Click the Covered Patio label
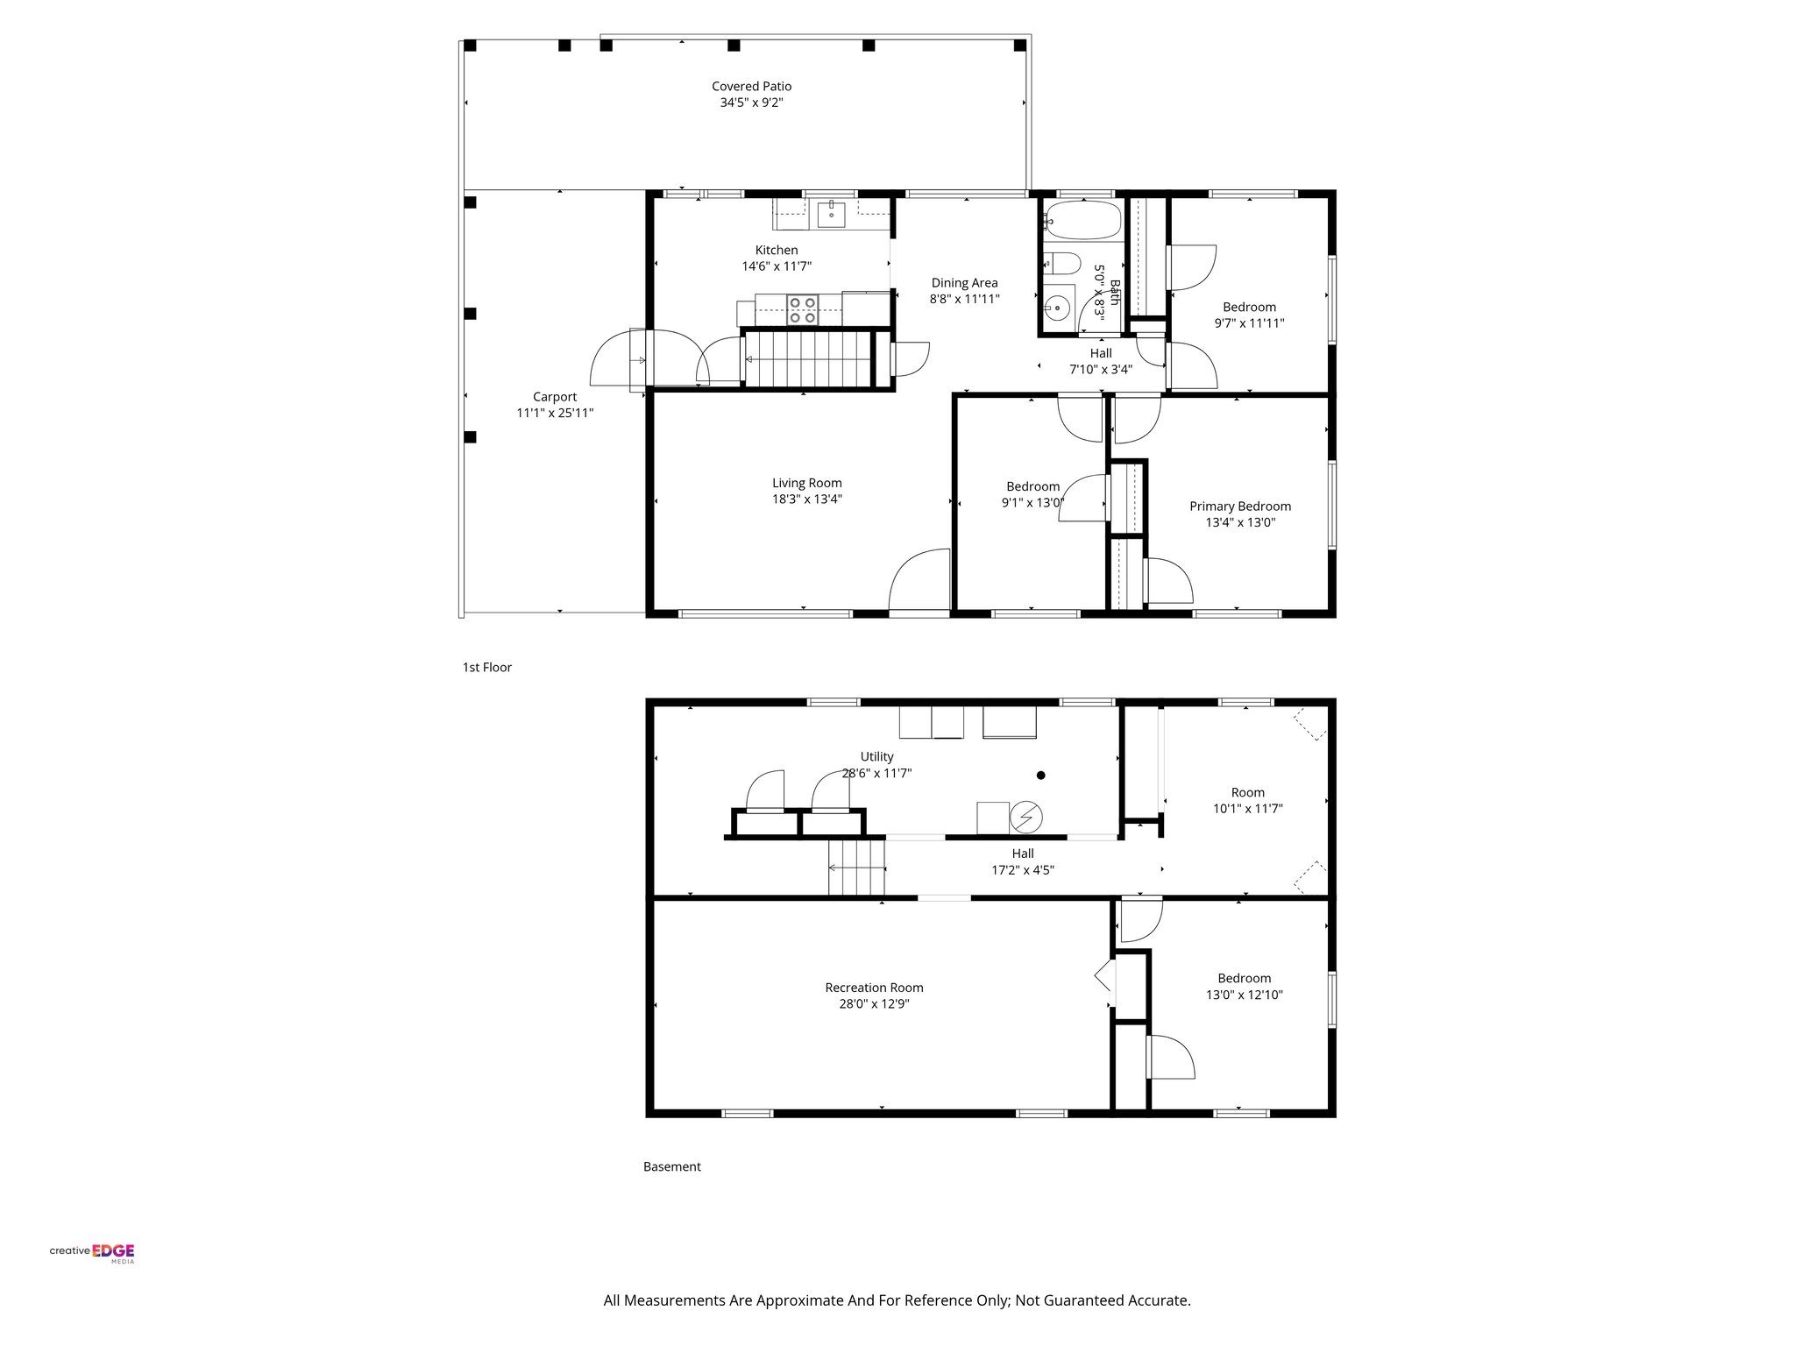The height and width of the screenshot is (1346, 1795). (x=751, y=86)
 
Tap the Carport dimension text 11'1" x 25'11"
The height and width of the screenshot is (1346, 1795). (x=555, y=413)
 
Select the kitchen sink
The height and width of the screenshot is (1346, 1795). (x=830, y=212)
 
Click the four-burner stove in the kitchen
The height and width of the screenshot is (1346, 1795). (x=803, y=310)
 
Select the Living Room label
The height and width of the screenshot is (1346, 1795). (x=806, y=483)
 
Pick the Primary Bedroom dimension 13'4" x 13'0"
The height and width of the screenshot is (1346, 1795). (x=1239, y=522)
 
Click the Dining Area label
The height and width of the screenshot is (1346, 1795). (x=964, y=282)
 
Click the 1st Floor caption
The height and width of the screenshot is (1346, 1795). (x=486, y=667)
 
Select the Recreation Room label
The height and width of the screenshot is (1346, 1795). (x=874, y=988)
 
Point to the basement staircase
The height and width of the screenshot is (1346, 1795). (x=856, y=868)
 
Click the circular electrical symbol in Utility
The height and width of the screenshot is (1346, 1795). (x=1025, y=818)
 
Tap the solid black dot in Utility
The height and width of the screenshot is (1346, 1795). (x=1041, y=775)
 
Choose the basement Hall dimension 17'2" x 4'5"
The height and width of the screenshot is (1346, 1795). (x=1022, y=870)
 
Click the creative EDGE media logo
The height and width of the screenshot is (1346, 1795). (x=92, y=1251)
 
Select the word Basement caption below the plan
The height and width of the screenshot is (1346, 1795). (x=671, y=1166)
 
